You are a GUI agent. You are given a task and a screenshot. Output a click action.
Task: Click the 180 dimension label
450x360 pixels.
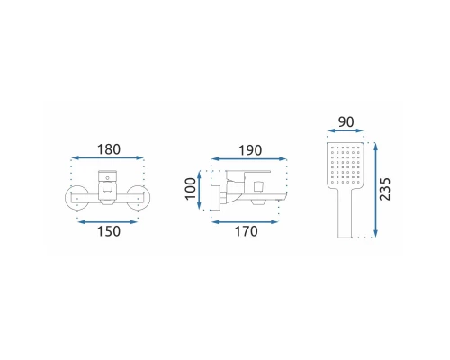(109, 149)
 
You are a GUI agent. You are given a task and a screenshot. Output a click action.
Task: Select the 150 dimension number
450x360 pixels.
(109, 231)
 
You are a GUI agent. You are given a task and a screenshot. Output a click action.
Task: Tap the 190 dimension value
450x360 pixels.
(250, 150)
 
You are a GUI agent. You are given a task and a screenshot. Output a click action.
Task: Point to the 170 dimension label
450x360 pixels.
(246, 231)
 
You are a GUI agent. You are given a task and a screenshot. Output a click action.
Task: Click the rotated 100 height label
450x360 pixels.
(190, 189)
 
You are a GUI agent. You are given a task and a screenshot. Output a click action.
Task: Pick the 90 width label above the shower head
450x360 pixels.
(346, 122)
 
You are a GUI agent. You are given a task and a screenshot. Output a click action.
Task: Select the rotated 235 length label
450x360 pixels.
(385, 189)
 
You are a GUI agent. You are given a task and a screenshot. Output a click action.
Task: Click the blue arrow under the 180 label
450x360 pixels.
(108, 157)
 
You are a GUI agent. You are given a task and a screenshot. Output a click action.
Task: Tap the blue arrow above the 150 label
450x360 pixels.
(108, 222)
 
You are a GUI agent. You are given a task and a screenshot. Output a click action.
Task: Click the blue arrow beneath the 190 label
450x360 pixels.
(249, 158)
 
